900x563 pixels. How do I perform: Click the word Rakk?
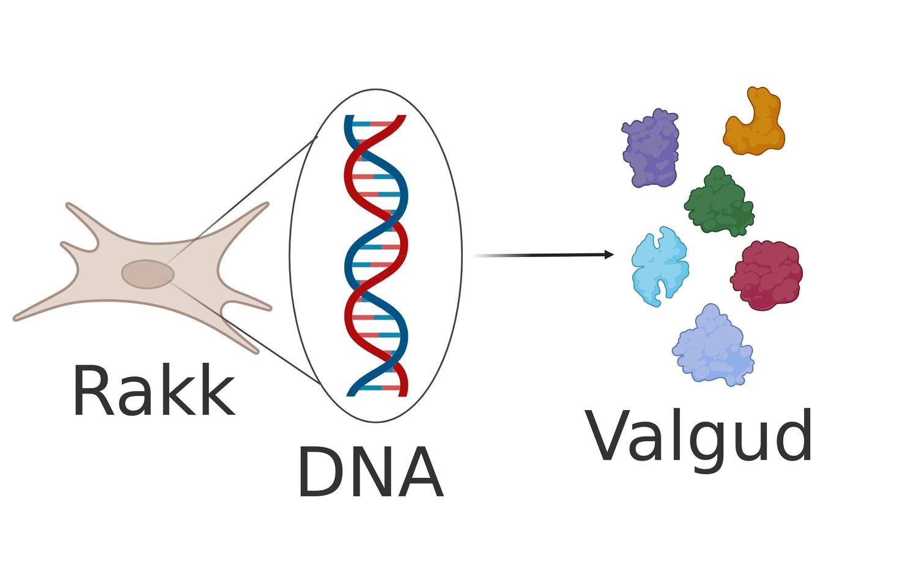click(x=153, y=392)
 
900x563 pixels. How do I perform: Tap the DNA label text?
click(x=370, y=473)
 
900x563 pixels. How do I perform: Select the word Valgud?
click(x=700, y=436)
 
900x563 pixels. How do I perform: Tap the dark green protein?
click(x=720, y=203)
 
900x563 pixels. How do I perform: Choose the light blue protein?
click(x=659, y=266)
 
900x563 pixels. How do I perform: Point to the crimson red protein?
click(x=767, y=275)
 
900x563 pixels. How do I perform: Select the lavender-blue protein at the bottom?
click(x=713, y=346)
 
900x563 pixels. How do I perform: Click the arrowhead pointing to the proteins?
click(x=609, y=255)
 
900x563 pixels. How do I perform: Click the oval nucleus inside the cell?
click(x=147, y=274)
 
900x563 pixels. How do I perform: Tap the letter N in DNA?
click(x=371, y=473)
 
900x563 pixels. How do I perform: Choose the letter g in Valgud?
click(x=699, y=443)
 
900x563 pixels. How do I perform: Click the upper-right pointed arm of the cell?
click(x=260, y=209)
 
